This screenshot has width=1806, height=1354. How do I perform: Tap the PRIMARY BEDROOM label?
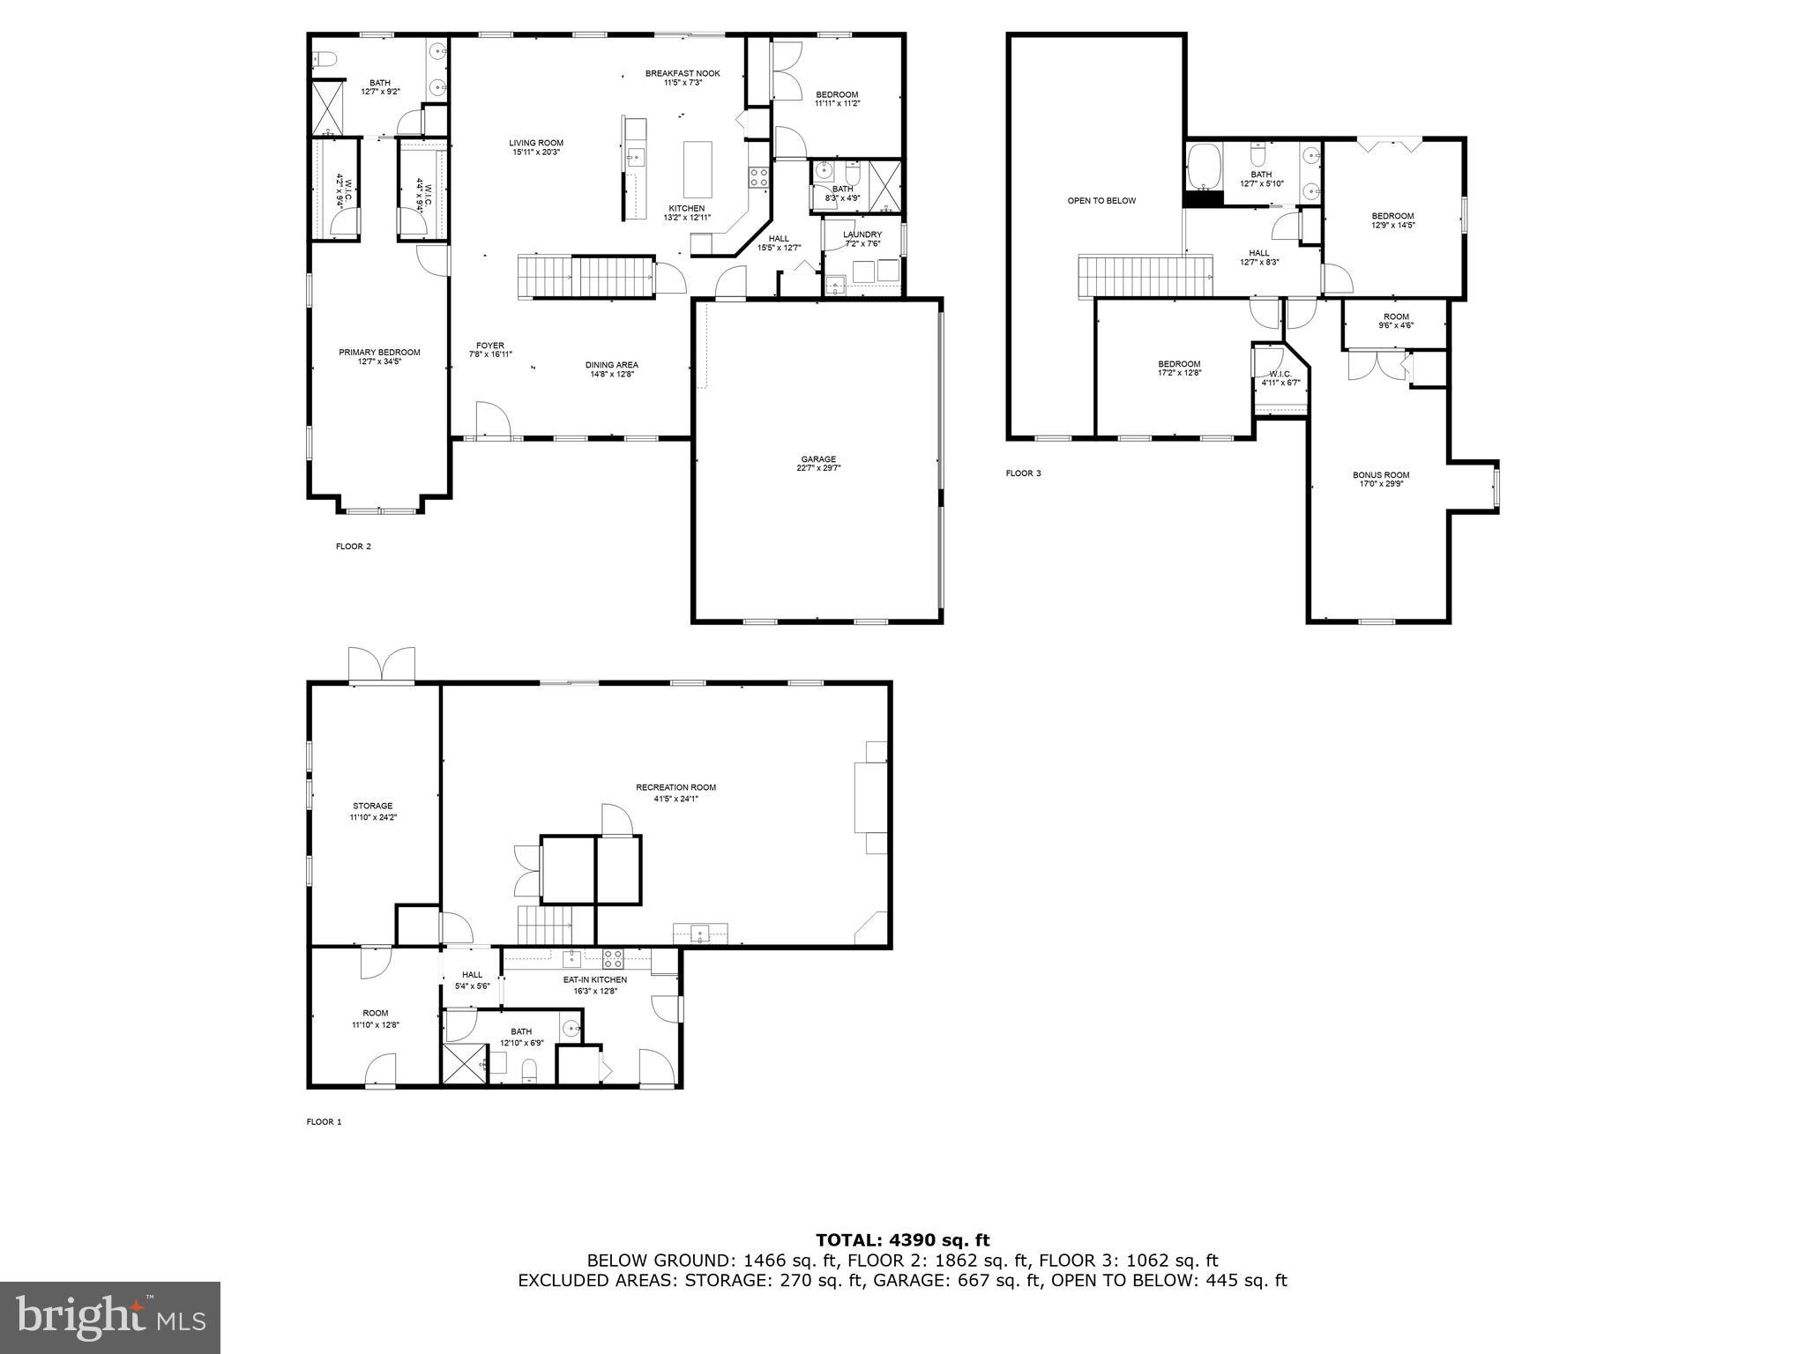coord(379,353)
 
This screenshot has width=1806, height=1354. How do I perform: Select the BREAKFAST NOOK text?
coord(682,74)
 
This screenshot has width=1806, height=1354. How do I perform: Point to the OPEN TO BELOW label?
coord(1101,201)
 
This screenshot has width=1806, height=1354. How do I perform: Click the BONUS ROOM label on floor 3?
coord(1381,475)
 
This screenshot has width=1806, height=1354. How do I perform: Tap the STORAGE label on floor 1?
coord(372,806)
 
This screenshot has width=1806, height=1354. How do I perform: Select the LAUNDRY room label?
coord(862,234)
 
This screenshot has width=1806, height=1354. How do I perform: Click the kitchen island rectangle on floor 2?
coord(698,169)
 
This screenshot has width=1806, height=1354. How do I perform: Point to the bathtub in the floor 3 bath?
coord(1203,167)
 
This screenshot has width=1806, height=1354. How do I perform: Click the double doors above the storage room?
coord(382,666)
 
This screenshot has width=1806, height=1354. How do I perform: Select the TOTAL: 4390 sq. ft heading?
coord(902,1241)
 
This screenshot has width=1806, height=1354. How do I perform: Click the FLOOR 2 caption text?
coord(353,547)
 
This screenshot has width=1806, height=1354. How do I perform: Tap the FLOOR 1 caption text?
coord(324,1122)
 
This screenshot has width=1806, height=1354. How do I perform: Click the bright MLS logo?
coord(110,1317)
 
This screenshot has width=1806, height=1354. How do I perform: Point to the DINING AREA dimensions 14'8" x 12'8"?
coord(611,374)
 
